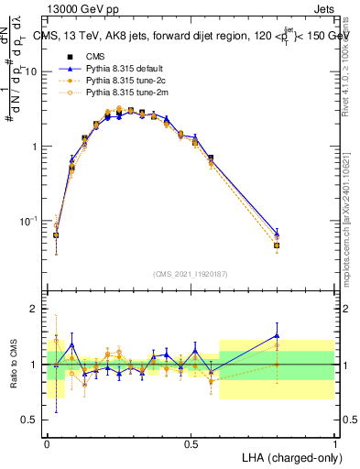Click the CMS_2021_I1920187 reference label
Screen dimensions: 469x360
point(190,273)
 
